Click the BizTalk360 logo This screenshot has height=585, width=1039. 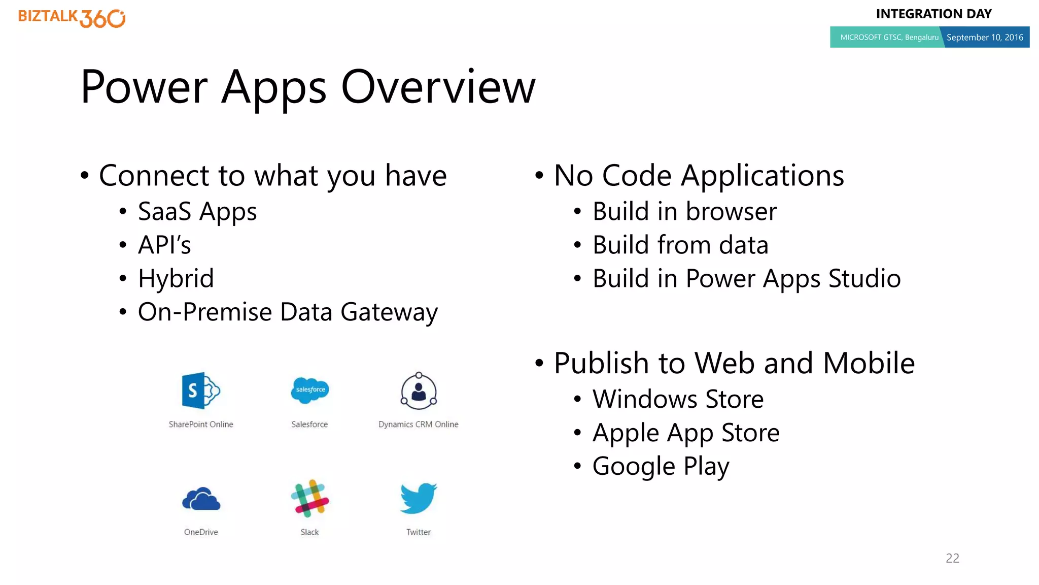pyautogui.click(x=72, y=18)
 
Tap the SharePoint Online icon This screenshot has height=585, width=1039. pyautogui.click(x=200, y=391)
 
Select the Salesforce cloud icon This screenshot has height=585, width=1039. pyautogui.click(x=310, y=391)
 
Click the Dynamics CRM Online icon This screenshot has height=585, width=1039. pyautogui.click(x=419, y=392)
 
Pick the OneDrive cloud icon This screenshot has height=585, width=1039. pyautogui.click(x=201, y=499)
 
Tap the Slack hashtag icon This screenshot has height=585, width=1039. pyautogui.click(x=309, y=498)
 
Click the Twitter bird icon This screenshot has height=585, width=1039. pyautogui.click(x=419, y=498)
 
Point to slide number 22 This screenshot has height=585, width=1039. pyautogui.click(x=952, y=558)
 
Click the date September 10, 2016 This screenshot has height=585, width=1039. pyautogui.click(x=985, y=38)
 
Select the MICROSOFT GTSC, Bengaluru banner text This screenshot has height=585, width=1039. pyautogui.click(x=889, y=38)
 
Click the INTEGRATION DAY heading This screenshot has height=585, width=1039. pyautogui.click(x=933, y=14)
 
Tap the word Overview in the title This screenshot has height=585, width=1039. pyautogui.click(x=438, y=87)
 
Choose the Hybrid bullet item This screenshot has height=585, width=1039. pyautogui.click(x=176, y=279)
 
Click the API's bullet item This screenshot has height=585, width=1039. pyautogui.click(x=164, y=245)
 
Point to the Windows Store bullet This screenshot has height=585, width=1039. pyautogui.click(x=678, y=399)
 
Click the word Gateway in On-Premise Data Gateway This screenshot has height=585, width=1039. pyautogui.click(x=389, y=312)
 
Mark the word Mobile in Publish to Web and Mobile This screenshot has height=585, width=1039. pyautogui.click(x=869, y=364)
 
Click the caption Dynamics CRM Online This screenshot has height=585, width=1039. pyautogui.click(x=418, y=425)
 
